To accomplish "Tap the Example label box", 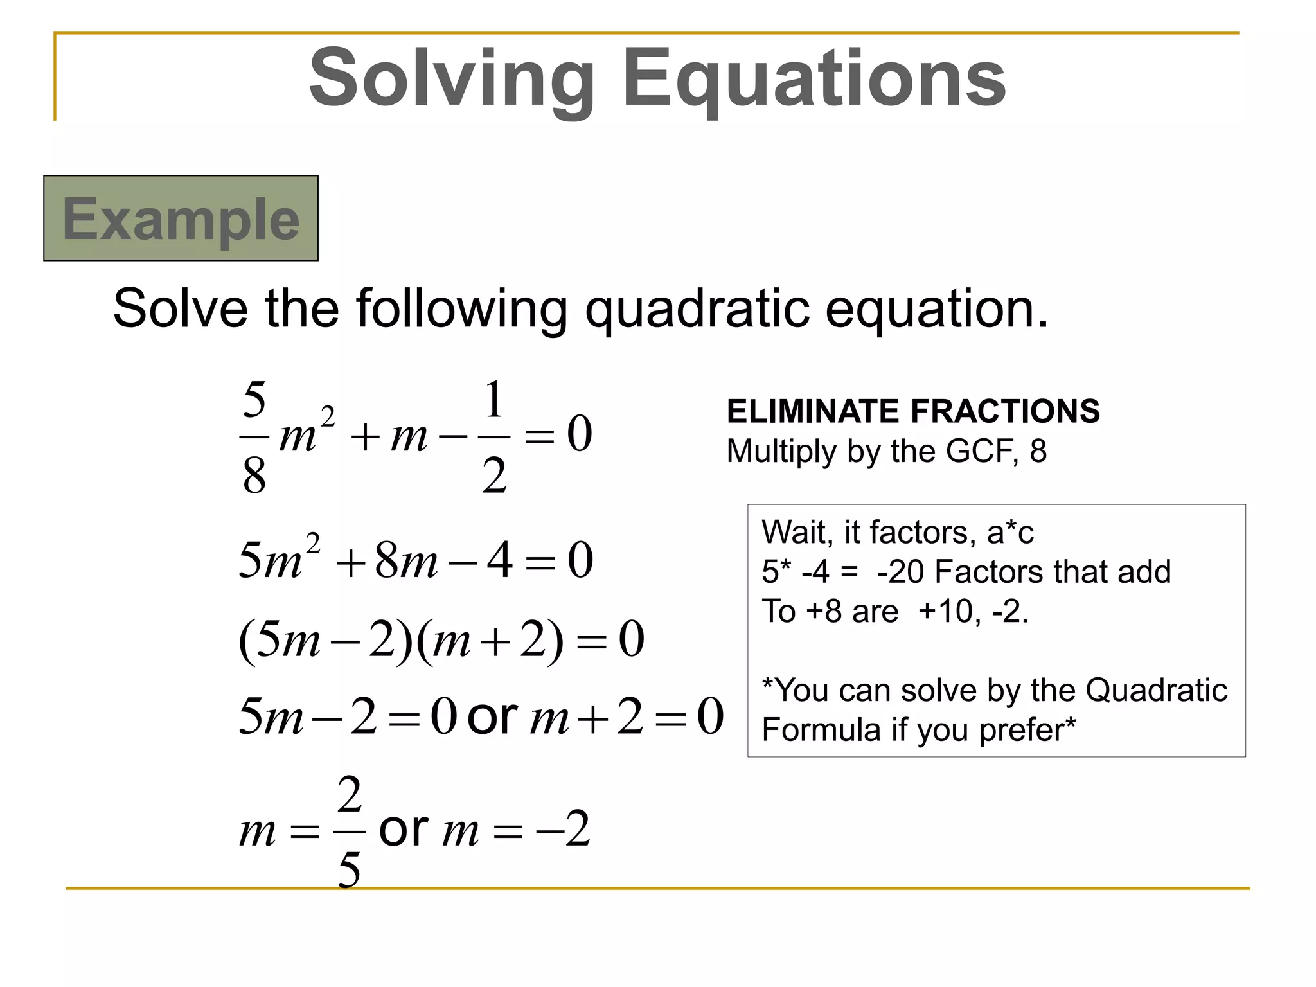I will (x=181, y=218).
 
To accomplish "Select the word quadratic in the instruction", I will (x=697, y=308).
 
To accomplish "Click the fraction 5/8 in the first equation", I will (x=254, y=437).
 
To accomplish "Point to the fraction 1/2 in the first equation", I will (x=493, y=437).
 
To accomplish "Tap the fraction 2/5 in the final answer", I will (x=350, y=832).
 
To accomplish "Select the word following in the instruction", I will (x=461, y=308).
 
